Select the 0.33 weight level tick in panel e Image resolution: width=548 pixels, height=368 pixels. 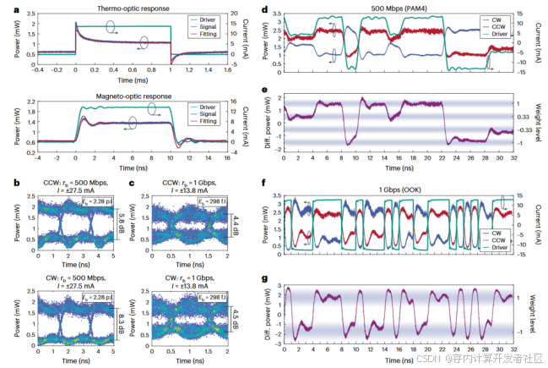coord(524,117)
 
